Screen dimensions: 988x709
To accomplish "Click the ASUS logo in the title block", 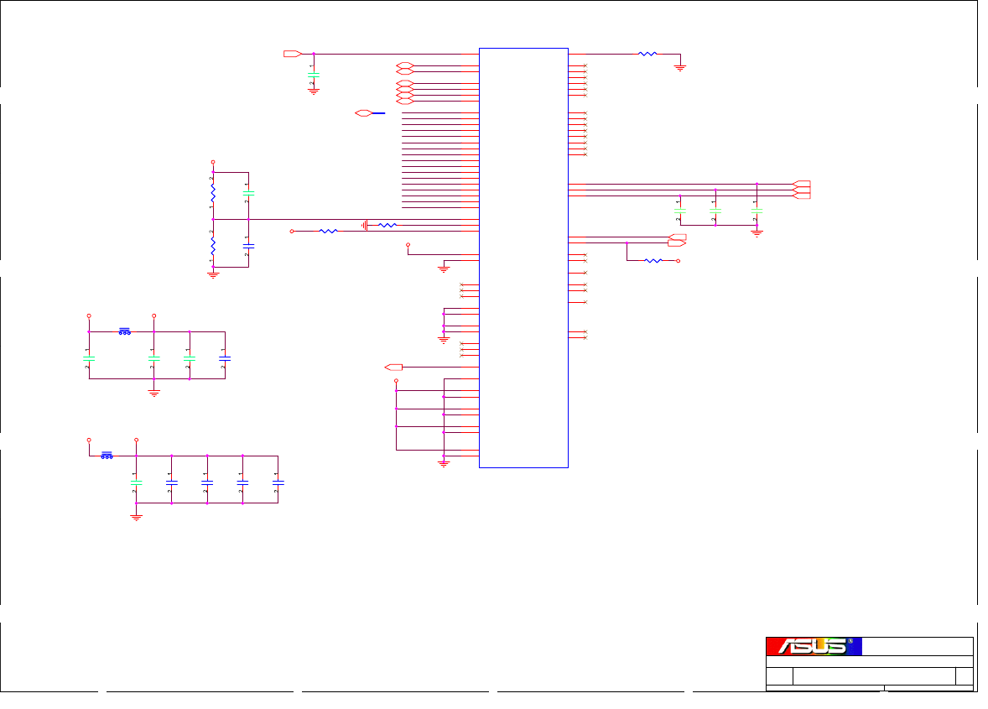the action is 814,646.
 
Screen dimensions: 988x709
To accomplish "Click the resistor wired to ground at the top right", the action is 647,54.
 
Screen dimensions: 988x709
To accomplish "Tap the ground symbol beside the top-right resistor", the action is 680,68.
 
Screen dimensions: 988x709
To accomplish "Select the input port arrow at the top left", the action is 292,54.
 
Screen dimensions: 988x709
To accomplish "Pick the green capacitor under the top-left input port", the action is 314,75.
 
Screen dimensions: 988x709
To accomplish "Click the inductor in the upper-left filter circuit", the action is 124,331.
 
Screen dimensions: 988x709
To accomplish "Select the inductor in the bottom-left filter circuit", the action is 107,456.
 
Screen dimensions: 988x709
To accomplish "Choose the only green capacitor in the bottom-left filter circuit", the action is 137,482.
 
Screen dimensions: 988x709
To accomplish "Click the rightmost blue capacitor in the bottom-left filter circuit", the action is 278,482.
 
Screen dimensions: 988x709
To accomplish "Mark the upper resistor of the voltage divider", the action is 213,193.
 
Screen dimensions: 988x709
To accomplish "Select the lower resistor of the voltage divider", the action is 213,245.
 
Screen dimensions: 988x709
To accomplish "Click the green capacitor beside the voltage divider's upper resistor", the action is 248,193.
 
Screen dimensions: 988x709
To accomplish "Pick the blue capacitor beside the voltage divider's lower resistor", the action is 248,247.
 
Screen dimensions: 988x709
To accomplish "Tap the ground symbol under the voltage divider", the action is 213,274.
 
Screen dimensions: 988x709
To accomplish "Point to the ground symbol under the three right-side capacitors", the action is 757,232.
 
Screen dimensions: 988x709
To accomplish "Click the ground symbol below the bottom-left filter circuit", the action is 137,517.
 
